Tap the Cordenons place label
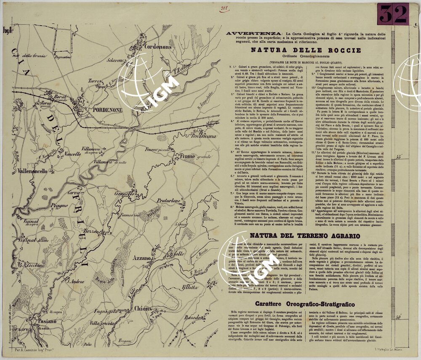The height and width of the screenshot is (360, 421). pyautogui.click(x=158, y=47)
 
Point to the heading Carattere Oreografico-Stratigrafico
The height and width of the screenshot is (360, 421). pyautogui.click(x=305, y=304)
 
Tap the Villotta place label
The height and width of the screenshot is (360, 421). pyautogui.click(x=190, y=288)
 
